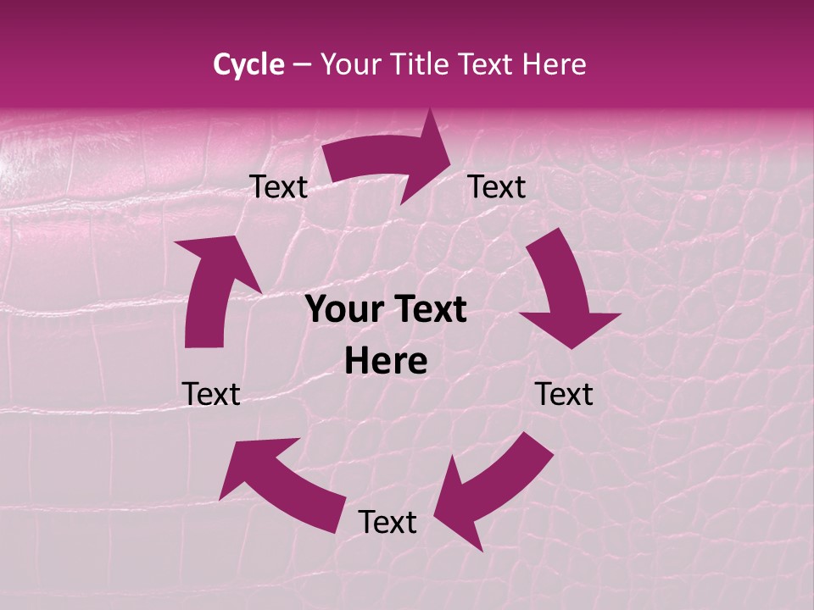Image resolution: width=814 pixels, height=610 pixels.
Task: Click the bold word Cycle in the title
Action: [x=248, y=64]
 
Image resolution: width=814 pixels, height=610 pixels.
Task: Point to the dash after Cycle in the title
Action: [x=302, y=65]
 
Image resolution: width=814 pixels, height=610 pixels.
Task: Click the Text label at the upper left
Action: [x=278, y=187]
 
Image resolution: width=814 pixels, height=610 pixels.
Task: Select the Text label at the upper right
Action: [x=497, y=187]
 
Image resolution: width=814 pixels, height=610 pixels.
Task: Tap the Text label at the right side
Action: [x=564, y=394]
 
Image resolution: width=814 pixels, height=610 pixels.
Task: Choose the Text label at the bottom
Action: [x=387, y=523]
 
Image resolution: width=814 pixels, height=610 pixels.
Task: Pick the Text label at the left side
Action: [x=211, y=394]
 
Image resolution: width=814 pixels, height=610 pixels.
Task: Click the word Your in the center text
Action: [x=338, y=310]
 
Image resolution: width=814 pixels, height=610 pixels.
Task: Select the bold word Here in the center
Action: [x=386, y=362]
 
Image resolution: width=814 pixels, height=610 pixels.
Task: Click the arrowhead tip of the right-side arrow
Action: [x=573, y=347]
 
